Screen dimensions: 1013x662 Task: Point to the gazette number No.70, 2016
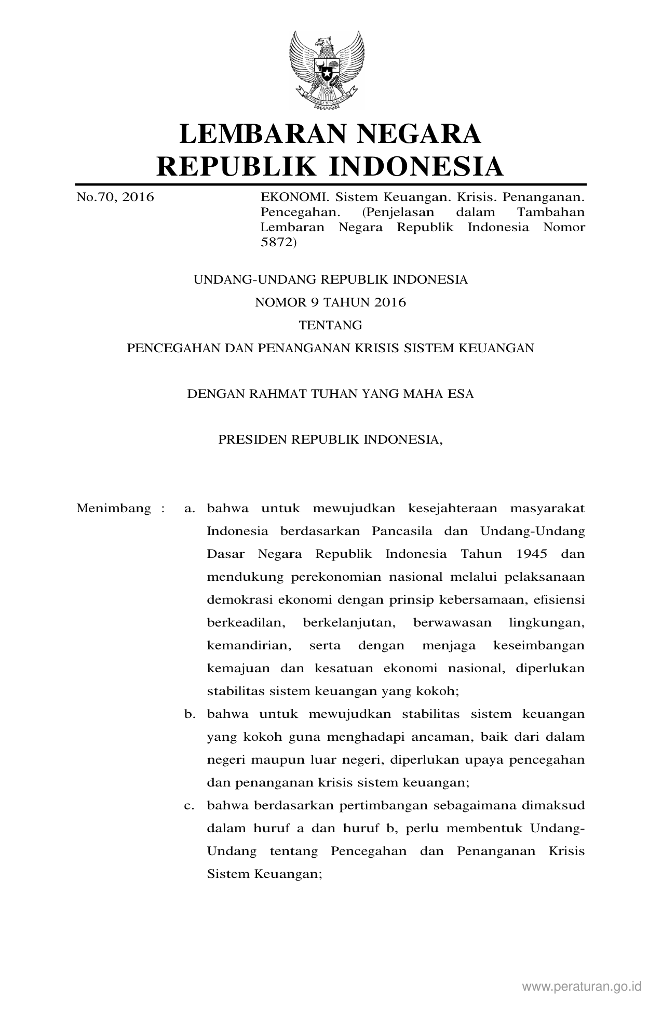pos(115,197)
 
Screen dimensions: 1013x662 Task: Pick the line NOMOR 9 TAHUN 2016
pos(330,302)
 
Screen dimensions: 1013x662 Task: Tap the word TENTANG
pos(330,325)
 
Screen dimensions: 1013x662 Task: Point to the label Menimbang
pos(114,508)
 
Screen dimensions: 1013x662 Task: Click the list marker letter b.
pos(188,714)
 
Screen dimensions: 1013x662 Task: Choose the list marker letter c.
pos(188,806)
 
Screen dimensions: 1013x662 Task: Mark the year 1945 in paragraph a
pos(532,554)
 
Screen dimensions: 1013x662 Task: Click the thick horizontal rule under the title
pos(330,184)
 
